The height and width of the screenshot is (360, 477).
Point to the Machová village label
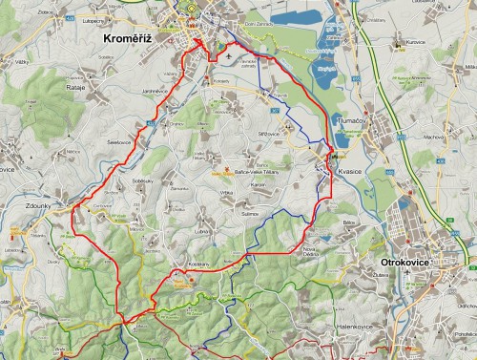click(x=408, y=137)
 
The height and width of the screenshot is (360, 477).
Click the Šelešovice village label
click(x=119, y=141)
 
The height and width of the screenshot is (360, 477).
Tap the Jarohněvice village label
click(x=155, y=91)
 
